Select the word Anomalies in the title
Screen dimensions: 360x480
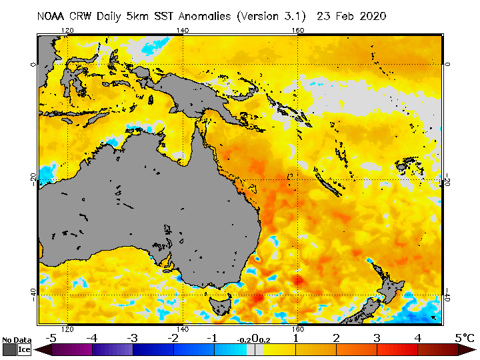200,17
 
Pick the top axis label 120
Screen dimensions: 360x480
67,30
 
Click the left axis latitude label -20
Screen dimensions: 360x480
32,179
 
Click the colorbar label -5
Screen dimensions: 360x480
50,338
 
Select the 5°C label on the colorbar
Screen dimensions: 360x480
464,338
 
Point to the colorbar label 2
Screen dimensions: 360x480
336,338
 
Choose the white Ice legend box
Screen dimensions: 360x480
24,349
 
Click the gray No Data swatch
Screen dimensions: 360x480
9,349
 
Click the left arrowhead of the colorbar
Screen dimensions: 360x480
39,349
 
